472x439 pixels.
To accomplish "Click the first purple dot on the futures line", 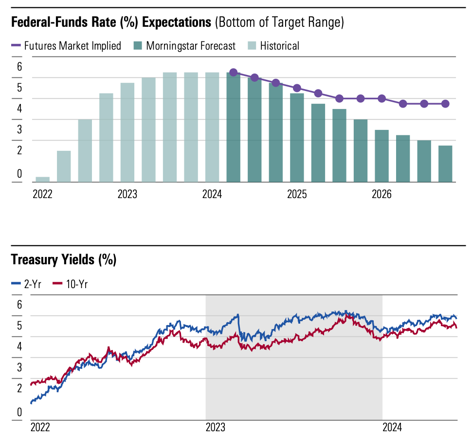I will [x=233, y=73].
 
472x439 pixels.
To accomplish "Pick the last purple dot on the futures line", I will [x=445, y=104].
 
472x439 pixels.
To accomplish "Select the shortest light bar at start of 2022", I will [x=43, y=179].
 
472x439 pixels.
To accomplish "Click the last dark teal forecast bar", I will [x=445, y=164].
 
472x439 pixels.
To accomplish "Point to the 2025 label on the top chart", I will [x=297, y=195].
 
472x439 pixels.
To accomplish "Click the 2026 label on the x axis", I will [x=382, y=195].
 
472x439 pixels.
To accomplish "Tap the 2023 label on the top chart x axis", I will [x=127, y=195].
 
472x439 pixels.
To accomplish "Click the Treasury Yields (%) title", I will [x=63, y=260].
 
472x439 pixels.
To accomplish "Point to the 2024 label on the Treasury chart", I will [x=392, y=428].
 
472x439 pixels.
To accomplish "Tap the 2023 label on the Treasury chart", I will [x=215, y=428].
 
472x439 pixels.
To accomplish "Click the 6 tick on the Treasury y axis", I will [x=19, y=305].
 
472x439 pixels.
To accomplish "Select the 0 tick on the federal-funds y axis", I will [x=19, y=173].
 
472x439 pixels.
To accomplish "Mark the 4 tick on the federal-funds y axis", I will [x=19, y=109].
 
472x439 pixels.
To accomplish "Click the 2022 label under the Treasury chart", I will [x=40, y=428].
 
